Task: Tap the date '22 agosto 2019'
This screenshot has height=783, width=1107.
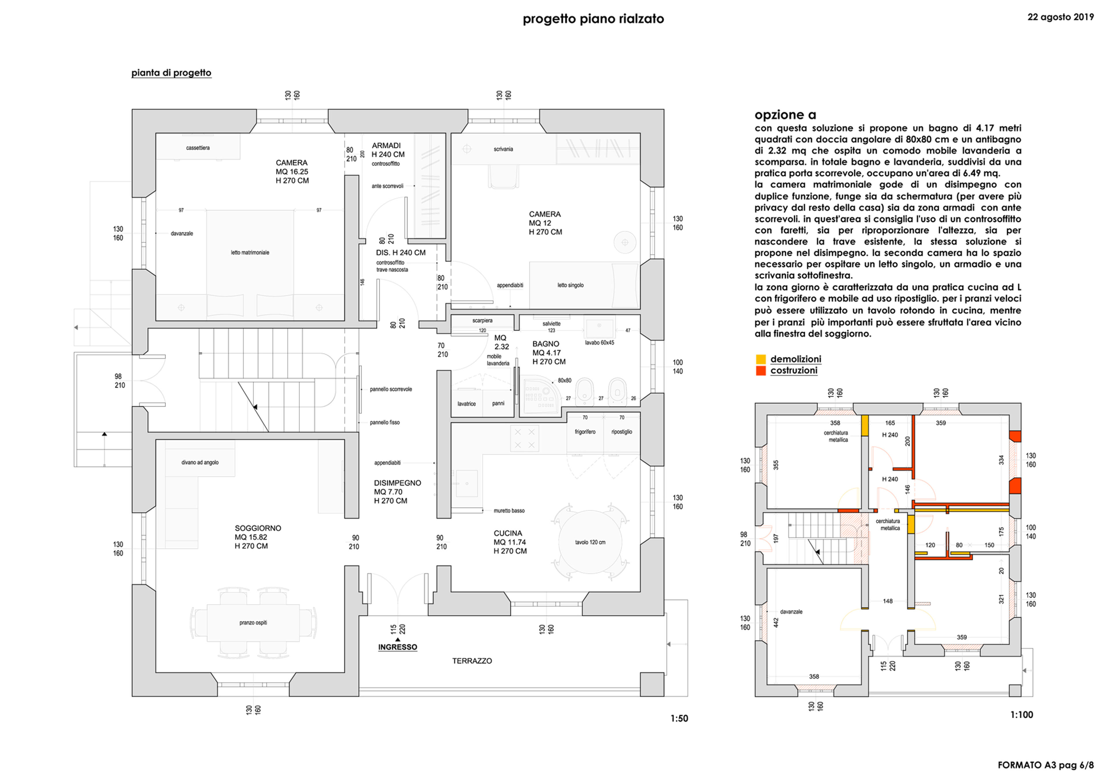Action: point(1061,17)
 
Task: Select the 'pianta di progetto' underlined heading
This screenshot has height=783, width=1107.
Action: point(171,73)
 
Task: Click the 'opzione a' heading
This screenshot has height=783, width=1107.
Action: point(785,115)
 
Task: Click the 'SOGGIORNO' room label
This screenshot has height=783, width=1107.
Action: point(258,528)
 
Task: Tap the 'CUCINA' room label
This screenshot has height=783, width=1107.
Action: point(508,533)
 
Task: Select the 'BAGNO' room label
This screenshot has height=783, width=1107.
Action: point(546,344)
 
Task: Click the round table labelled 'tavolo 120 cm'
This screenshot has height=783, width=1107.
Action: point(590,542)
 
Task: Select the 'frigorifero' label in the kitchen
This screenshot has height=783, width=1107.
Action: point(585,432)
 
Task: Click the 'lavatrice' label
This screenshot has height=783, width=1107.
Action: point(467,404)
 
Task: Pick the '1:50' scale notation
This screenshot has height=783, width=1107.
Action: point(679,718)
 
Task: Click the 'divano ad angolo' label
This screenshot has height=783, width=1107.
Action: point(200,462)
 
